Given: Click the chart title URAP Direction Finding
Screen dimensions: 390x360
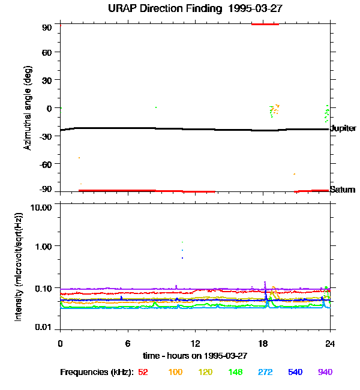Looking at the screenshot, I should (179, 8).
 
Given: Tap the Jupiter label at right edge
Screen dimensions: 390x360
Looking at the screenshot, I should (343, 128).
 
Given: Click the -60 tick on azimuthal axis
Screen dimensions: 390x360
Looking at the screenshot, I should (46, 164).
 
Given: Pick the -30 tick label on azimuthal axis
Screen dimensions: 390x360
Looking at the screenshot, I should (46, 136).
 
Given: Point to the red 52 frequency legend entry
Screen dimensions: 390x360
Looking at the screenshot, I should (143, 372).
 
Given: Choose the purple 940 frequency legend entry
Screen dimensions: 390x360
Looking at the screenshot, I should (325, 372).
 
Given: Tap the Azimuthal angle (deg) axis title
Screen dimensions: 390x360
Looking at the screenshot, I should (28, 108).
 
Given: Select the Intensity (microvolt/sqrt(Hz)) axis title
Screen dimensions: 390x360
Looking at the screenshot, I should (19, 266).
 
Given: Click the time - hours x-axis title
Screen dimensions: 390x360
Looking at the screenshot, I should (194, 356).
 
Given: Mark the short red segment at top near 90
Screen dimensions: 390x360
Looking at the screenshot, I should (265, 24).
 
